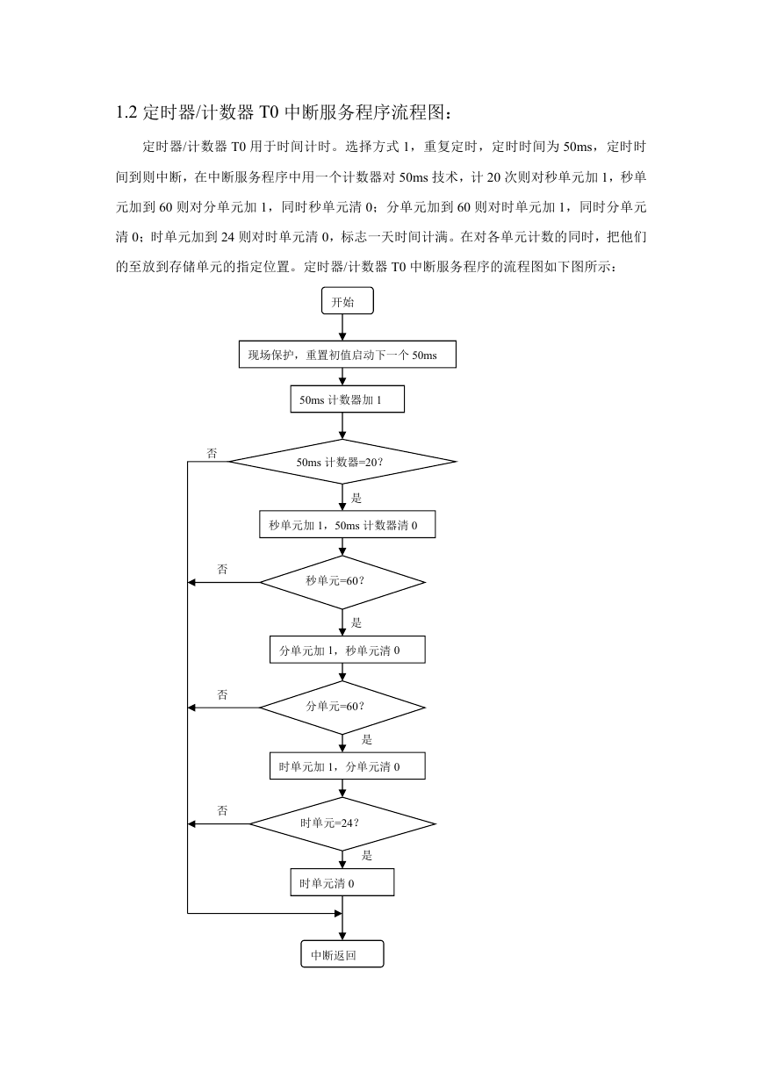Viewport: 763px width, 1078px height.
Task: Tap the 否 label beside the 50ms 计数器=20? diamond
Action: click(x=212, y=453)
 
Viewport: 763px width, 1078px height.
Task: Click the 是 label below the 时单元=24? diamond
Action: click(x=367, y=855)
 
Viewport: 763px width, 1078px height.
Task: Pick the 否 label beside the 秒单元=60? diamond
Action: click(x=222, y=570)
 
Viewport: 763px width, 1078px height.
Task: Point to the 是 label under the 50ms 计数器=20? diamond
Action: click(x=356, y=498)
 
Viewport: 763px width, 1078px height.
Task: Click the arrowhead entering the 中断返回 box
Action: click(x=342, y=937)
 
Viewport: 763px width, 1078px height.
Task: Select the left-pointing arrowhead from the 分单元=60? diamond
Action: click(x=191, y=708)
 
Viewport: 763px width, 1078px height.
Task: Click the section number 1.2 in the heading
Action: click(x=126, y=112)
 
